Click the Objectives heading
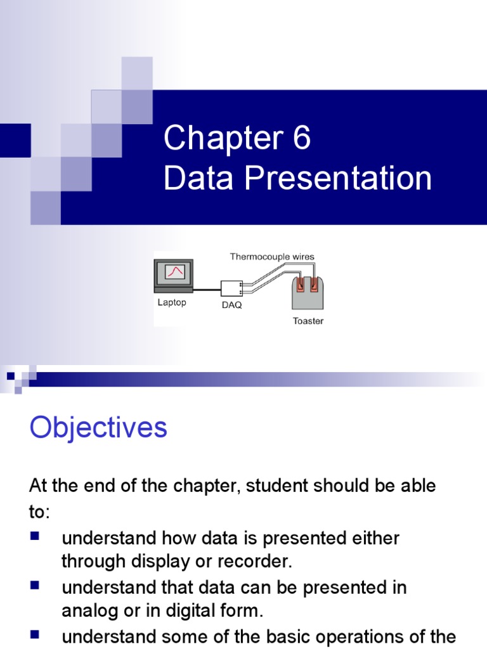coord(98,428)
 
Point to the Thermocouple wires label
coord(271,257)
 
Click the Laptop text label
coord(172,302)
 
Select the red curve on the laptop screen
coord(175,272)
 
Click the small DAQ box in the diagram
coord(231,288)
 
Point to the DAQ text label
coord(231,305)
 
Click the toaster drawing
coord(308,292)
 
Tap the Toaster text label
coord(308,321)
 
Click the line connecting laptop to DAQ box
coord(207,290)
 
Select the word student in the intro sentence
coord(276,486)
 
